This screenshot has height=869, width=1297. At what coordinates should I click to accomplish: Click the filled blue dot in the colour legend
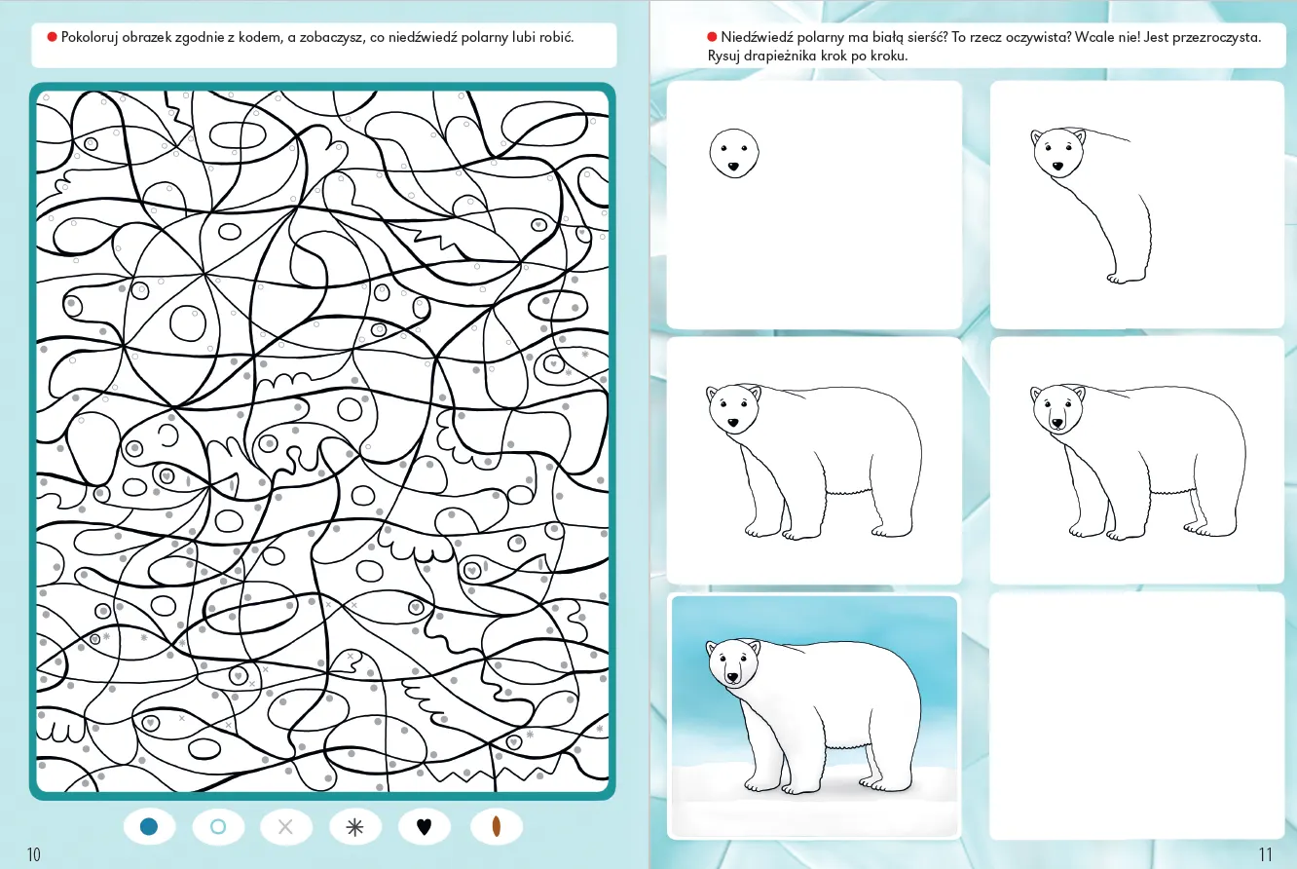(x=149, y=827)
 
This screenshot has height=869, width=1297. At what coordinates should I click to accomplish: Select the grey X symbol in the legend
(x=285, y=827)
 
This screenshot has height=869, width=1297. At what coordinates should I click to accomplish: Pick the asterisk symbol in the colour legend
(x=355, y=827)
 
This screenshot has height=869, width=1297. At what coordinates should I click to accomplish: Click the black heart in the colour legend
(x=424, y=827)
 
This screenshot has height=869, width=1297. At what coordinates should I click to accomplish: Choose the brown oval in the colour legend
(x=497, y=827)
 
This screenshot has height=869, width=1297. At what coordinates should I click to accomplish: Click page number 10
(x=34, y=854)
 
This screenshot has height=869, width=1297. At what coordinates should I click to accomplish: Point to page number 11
(x=1266, y=854)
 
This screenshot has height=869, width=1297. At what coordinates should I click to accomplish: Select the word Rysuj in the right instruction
(x=723, y=57)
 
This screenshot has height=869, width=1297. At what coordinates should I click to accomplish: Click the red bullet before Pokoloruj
(x=52, y=38)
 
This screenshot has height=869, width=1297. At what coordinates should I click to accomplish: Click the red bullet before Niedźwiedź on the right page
(x=712, y=38)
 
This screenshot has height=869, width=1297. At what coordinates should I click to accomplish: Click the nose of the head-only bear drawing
(x=733, y=167)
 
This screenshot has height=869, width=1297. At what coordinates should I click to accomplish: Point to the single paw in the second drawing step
(x=1127, y=278)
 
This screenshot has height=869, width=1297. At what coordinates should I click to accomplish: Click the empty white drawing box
(x=1136, y=716)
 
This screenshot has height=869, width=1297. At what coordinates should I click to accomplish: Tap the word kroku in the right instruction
(x=888, y=57)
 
